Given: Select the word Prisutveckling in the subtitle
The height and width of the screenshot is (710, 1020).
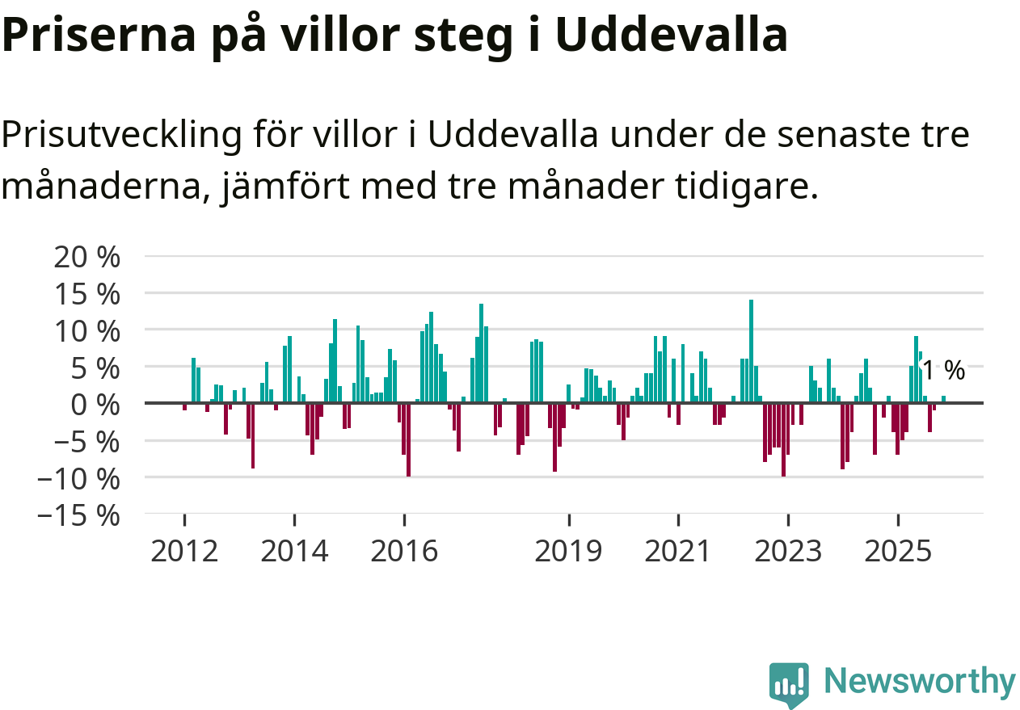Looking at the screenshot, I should tap(121, 135).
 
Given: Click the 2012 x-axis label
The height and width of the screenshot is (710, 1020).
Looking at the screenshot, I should tap(184, 552).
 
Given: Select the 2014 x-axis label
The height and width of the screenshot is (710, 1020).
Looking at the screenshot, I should tap(295, 552).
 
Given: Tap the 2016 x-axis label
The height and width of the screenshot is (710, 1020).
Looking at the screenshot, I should tap(405, 552).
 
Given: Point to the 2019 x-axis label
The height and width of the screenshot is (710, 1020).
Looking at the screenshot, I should tap(569, 552).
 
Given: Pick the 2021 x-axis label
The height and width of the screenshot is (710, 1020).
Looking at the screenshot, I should tap(678, 552).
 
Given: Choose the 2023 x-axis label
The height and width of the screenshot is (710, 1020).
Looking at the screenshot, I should tap(788, 552).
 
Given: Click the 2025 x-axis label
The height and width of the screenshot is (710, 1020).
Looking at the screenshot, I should tap(898, 552).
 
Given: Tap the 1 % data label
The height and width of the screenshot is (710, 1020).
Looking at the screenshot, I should tap(944, 371).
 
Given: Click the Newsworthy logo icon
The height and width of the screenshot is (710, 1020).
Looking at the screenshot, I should tap(788, 685).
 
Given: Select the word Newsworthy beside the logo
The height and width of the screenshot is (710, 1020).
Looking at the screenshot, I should tap(919, 682).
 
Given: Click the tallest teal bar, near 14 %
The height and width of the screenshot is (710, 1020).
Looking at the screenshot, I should tap(751, 351).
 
